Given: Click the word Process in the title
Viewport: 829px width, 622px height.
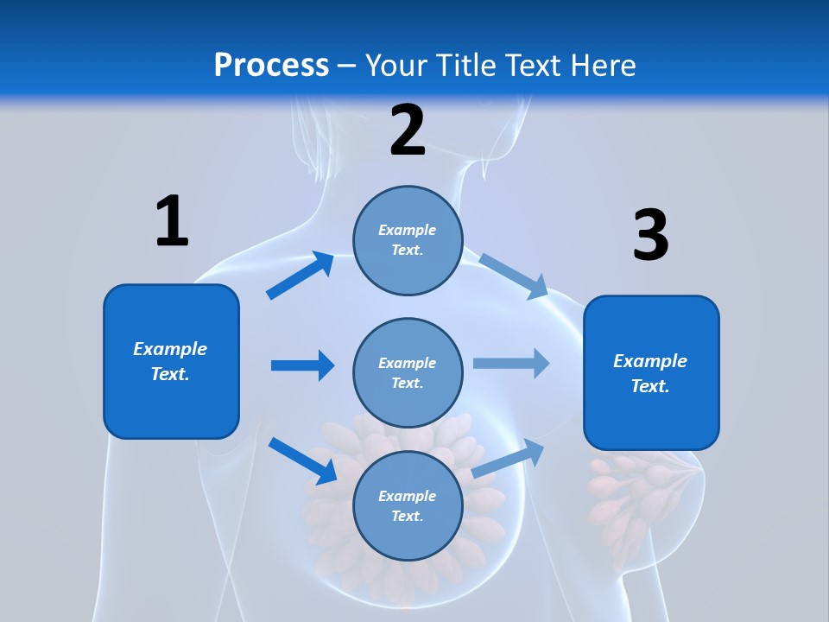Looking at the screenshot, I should (271, 66).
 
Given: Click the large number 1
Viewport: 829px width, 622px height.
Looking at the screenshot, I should (172, 222).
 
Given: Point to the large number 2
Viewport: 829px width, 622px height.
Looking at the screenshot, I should (408, 131).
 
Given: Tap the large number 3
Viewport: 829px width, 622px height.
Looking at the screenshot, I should (650, 236).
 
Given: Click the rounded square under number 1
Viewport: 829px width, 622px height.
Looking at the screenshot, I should (171, 361).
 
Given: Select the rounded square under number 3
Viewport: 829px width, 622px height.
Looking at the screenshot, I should (651, 373).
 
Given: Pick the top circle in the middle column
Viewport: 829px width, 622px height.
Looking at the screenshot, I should (408, 239).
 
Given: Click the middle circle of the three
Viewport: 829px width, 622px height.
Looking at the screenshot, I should (408, 372).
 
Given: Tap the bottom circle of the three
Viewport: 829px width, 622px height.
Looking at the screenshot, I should (408, 505).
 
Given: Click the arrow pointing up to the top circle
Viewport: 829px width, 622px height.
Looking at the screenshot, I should (301, 276).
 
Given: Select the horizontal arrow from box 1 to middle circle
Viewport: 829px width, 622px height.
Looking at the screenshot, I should (302, 365).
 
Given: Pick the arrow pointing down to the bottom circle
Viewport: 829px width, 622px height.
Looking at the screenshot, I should (303, 460).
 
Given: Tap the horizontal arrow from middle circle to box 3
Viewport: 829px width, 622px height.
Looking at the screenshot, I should (511, 363).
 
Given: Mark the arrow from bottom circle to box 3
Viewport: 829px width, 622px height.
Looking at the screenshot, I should (509, 459).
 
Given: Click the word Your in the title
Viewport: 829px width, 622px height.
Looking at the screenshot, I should (398, 66).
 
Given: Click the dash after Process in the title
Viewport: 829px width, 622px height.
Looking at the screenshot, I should (347, 66).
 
